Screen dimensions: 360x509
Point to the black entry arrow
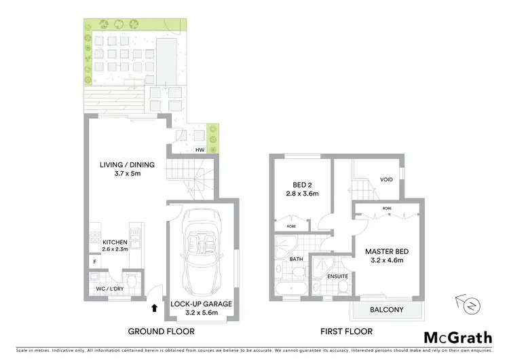pos(155,308)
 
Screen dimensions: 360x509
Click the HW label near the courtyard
pos(200,149)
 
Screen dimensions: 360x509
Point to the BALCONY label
pos(386,310)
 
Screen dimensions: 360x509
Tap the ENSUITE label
pos(337,276)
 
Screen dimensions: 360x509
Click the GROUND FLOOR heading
pos(161,331)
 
